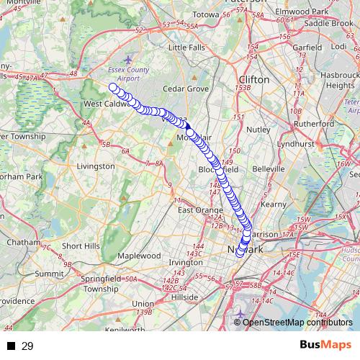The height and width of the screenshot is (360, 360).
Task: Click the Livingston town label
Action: click(x=95, y=166)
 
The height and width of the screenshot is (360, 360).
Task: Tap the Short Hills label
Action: click(x=81, y=246)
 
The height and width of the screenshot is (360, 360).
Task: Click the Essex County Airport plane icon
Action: click(x=128, y=59)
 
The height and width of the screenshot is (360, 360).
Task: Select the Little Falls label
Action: click(x=186, y=48)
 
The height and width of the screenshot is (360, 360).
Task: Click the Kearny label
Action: click(x=274, y=204)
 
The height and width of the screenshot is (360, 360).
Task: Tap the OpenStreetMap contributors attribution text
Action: click(x=297, y=323)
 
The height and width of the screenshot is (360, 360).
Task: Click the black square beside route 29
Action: click(x=11, y=346)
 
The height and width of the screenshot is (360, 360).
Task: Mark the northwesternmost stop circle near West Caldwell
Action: click(x=112, y=88)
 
